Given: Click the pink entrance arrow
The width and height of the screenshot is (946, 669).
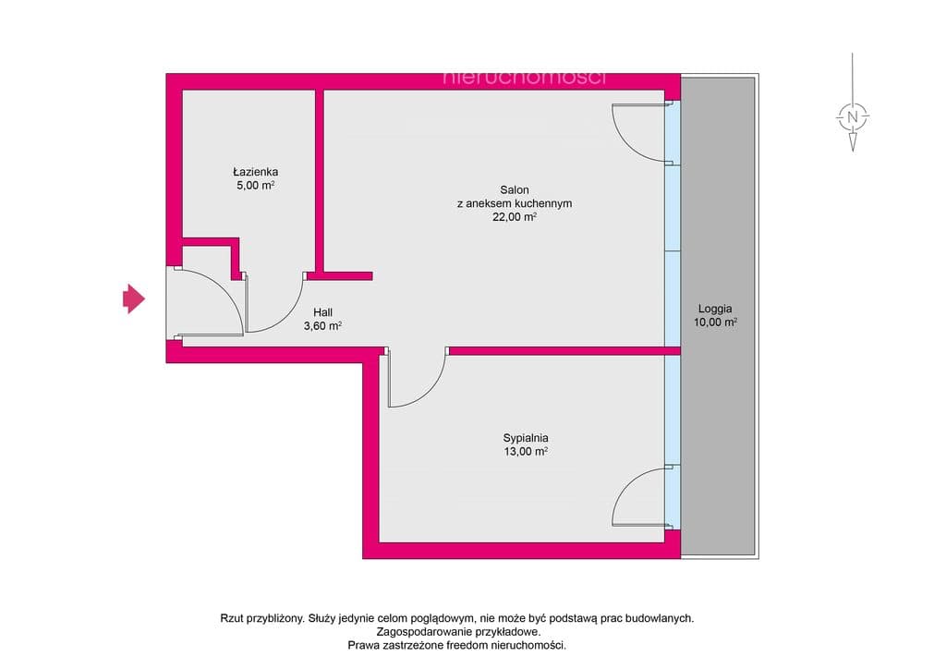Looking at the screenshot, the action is (134, 298).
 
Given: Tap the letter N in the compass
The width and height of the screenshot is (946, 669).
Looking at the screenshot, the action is (853, 116).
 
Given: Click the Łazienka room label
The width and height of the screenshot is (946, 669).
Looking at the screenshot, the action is (256, 172).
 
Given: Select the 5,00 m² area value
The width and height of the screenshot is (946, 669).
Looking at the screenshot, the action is (256, 185).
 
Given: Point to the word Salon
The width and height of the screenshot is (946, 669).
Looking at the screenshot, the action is (515, 190).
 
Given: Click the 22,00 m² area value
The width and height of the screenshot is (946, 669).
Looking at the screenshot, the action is (515, 217).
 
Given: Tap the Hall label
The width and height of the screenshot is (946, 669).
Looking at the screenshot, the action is (322, 312).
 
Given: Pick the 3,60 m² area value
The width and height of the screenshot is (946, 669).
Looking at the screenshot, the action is (322, 326).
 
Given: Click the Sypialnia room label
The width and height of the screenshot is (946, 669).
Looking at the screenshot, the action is (526, 439).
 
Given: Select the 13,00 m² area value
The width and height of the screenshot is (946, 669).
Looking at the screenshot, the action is (526, 451).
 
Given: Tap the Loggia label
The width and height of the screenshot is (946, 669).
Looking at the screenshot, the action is (715, 309).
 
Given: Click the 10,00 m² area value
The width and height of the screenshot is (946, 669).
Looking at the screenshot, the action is (715, 322).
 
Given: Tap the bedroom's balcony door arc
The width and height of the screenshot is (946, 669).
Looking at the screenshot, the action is (628, 482).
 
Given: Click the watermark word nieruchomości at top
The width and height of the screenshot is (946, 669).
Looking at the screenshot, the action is (525, 78).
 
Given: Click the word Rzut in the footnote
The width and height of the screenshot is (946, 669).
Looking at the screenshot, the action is (232, 618).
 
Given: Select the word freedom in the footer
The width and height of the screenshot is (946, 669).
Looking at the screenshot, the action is (467, 646).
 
